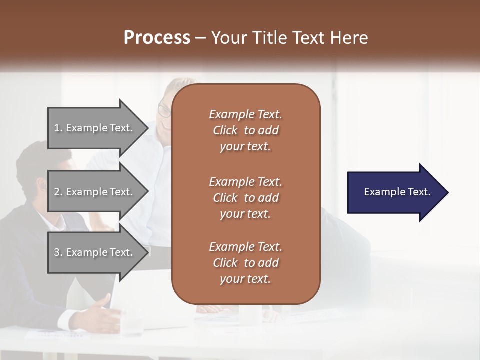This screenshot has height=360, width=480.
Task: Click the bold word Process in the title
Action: [x=157, y=38]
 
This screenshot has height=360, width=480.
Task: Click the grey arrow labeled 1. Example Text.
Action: [x=95, y=128]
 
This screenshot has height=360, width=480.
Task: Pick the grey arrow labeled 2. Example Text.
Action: [x=95, y=192]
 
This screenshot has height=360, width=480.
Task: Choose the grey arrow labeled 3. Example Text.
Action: [x=95, y=252]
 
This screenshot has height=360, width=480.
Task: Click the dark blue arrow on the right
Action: [x=395, y=192]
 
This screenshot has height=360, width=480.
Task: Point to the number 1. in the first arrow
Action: [x=58, y=128]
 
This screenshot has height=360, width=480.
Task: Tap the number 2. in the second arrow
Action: [x=58, y=192]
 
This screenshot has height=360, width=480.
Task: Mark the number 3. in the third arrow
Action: [x=58, y=252]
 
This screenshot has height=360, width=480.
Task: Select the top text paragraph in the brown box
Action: [x=245, y=130]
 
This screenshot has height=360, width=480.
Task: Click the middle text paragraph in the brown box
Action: [x=245, y=198]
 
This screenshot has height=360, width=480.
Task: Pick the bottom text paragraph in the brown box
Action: [x=245, y=263]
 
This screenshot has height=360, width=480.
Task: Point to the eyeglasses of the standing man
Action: [x=163, y=110]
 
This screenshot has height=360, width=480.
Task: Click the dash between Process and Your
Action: [x=200, y=38]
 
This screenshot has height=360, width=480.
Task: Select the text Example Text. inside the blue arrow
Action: [x=397, y=192]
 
